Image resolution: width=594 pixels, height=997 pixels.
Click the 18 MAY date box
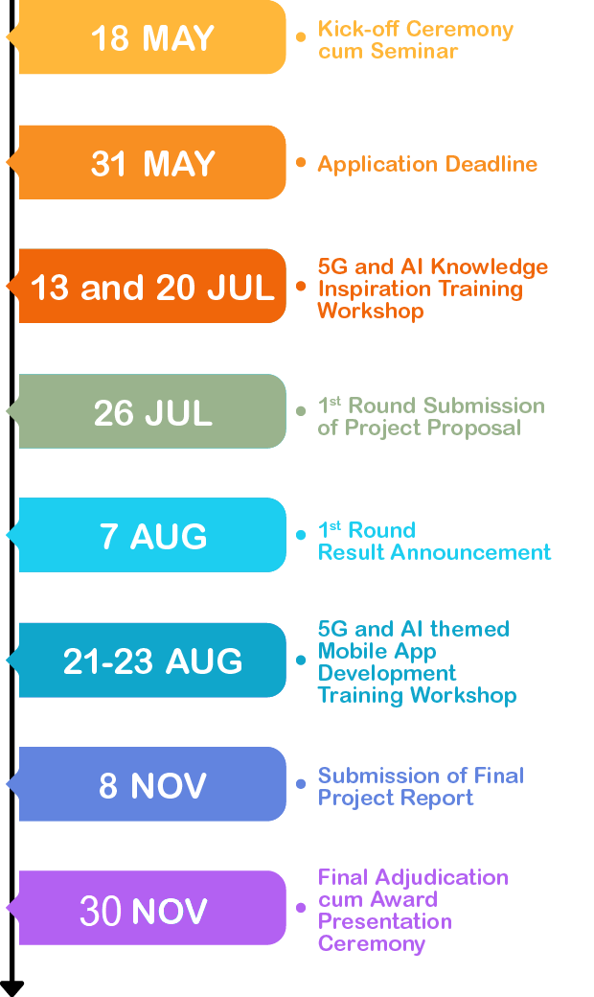(x=149, y=36)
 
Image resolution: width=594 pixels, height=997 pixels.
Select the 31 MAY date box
(x=149, y=162)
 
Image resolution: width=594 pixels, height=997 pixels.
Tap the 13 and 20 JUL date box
(x=149, y=286)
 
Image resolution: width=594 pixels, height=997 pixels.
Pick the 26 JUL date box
(x=149, y=410)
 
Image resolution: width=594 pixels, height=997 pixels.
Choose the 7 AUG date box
(x=149, y=535)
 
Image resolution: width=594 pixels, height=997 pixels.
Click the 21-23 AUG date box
(x=149, y=660)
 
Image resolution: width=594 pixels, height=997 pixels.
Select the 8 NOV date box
(x=149, y=784)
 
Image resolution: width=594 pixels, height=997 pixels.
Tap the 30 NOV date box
(x=149, y=908)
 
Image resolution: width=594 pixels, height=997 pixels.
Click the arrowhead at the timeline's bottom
(x=12, y=988)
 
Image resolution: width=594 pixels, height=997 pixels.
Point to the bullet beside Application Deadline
(x=301, y=163)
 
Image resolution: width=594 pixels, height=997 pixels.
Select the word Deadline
(x=491, y=164)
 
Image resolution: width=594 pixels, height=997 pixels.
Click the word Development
(x=387, y=673)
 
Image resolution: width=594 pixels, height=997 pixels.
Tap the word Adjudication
(x=442, y=878)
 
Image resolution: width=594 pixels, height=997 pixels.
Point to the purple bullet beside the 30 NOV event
(x=301, y=908)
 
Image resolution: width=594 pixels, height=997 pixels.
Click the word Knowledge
(x=490, y=267)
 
